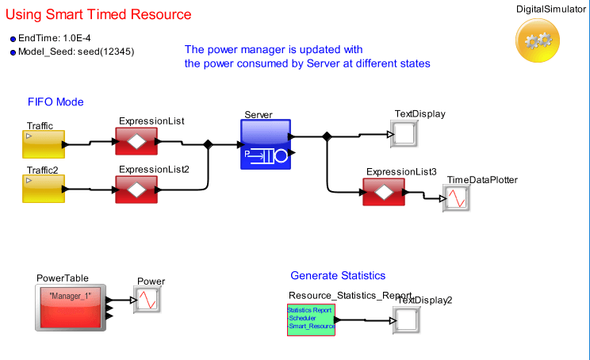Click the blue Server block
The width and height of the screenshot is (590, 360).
pos(266,144)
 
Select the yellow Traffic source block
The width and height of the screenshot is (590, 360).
pos(43,144)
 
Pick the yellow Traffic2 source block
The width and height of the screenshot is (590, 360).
pos(43,190)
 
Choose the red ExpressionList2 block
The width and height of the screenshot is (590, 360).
pos(136,190)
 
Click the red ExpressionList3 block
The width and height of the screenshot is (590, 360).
pos(384,192)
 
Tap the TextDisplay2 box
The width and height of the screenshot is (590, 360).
pos(406,320)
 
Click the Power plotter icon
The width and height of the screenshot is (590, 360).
pos(147,299)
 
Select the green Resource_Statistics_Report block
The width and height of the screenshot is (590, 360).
pos(311,320)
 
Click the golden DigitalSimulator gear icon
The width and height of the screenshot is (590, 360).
pos(539,40)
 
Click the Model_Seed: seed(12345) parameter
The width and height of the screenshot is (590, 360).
pos(76,52)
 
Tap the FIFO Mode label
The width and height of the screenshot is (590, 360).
pos(56,102)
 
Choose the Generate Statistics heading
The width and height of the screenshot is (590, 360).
pos(338,276)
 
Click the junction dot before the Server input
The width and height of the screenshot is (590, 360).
pos(209,144)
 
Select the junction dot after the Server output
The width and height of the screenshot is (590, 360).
pos(327,136)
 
